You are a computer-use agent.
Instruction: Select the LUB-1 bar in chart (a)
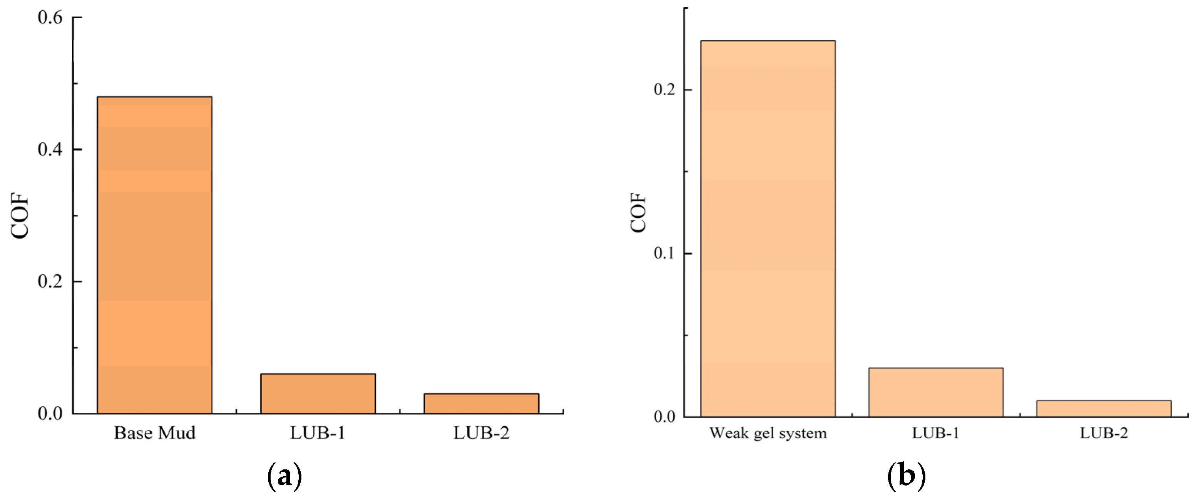pyautogui.click(x=318, y=393)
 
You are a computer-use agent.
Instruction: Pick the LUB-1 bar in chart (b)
pyautogui.click(x=935, y=392)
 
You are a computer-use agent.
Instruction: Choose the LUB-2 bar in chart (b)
pyautogui.click(x=1104, y=409)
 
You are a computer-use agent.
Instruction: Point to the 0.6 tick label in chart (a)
pyautogui.click(x=50, y=18)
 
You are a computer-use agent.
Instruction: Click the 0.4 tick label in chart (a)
pyautogui.click(x=50, y=149)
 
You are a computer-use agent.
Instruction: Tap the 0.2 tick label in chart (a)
pyautogui.click(x=50, y=281)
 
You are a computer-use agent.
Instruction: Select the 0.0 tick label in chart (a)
pyautogui.click(x=50, y=413)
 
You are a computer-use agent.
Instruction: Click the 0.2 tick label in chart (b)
pyautogui.click(x=664, y=89)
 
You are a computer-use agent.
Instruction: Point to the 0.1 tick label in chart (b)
pyautogui.click(x=664, y=253)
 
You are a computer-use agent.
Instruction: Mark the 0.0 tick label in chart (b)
pyautogui.click(x=664, y=416)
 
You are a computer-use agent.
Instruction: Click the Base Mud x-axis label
pyautogui.click(x=155, y=433)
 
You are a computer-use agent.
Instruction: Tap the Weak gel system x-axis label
pyautogui.click(x=768, y=433)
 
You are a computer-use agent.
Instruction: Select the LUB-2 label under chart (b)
pyautogui.click(x=1104, y=433)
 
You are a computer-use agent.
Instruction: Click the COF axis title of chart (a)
pyautogui.click(x=20, y=215)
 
